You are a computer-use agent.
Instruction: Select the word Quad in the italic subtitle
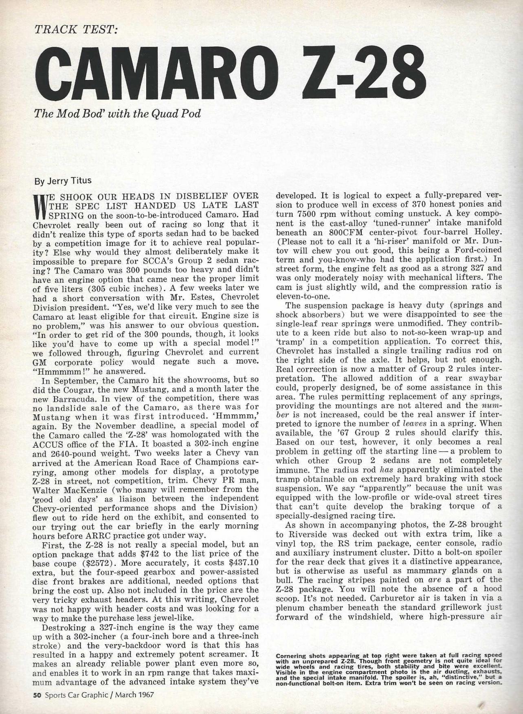(x=152, y=113)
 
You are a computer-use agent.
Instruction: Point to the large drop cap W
(x=41, y=206)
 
